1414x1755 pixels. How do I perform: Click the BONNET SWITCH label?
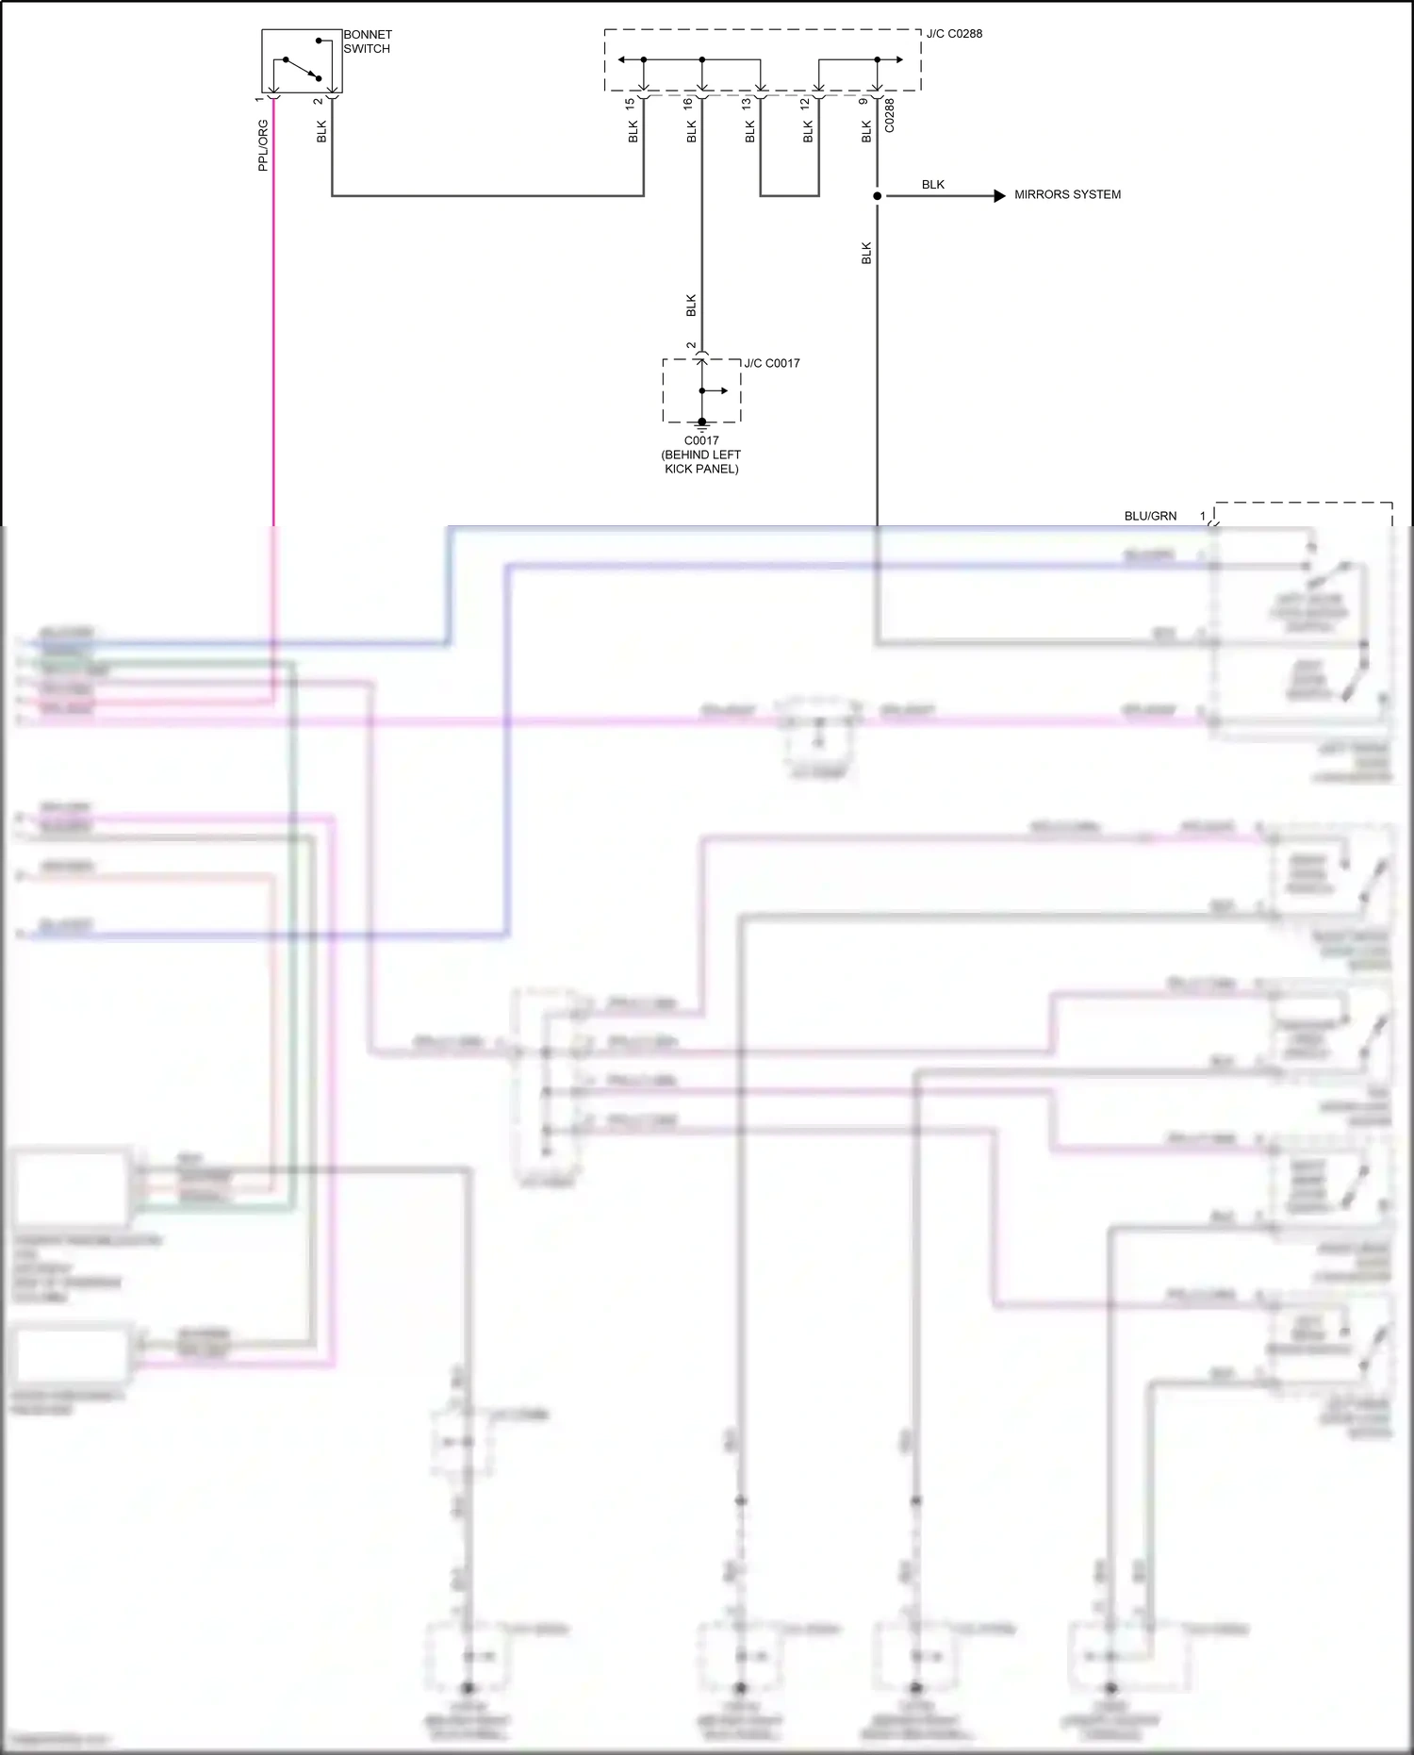point(367,41)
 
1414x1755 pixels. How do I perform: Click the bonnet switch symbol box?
point(301,61)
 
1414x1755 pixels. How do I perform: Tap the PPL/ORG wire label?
point(263,145)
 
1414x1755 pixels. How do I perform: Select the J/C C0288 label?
point(954,34)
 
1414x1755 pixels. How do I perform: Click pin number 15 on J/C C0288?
point(630,104)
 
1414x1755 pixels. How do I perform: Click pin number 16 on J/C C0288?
point(688,103)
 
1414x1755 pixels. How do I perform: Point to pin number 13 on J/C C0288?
point(747,103)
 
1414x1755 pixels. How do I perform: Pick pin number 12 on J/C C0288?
point(805,103)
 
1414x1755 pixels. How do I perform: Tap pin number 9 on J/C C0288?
point(863,102)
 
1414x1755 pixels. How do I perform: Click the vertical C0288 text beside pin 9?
point(889,116)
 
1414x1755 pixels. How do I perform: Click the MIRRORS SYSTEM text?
point(1067,195)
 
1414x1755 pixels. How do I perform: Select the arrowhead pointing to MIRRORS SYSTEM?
point(999,196)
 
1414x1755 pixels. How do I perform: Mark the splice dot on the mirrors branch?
point(878,196)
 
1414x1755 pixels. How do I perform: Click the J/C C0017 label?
point(771,363)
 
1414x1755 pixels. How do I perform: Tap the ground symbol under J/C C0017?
point(701,425)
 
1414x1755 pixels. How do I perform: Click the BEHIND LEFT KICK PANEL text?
point(701,461)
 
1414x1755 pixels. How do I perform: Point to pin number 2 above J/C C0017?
point(691,346)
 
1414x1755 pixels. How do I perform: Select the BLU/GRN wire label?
point(1150,516)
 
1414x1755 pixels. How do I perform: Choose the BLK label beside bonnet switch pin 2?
point(321,131)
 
